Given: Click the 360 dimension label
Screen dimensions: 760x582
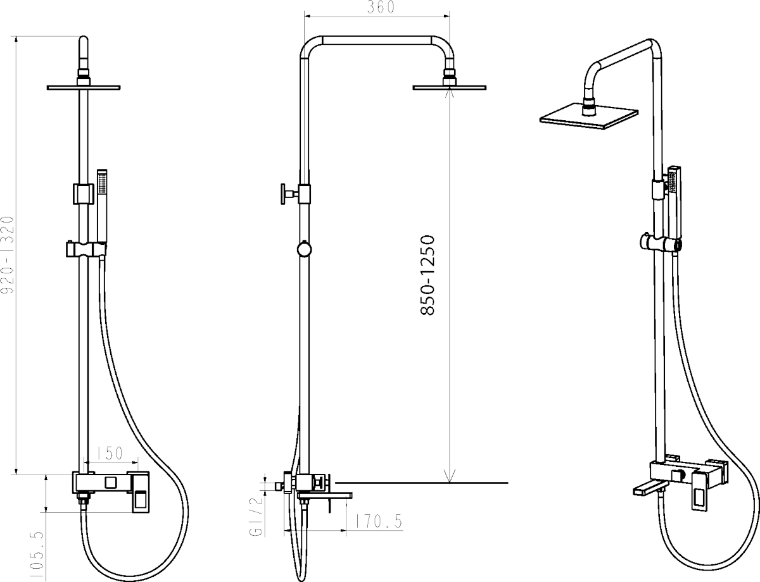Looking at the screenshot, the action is click(381, 7).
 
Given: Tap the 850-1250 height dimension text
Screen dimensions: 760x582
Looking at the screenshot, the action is click(427, 276).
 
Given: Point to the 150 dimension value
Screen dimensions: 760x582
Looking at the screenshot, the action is click(110, 453).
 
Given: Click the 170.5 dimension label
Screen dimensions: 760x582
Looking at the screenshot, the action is click(379, 521).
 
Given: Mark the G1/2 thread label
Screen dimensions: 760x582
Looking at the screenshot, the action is click(256, 517).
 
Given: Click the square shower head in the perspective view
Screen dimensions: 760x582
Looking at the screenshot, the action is click(588, 116).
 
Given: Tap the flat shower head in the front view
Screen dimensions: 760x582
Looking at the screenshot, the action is click(84, 87).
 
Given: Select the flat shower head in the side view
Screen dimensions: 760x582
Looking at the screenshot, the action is click(450, 87).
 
